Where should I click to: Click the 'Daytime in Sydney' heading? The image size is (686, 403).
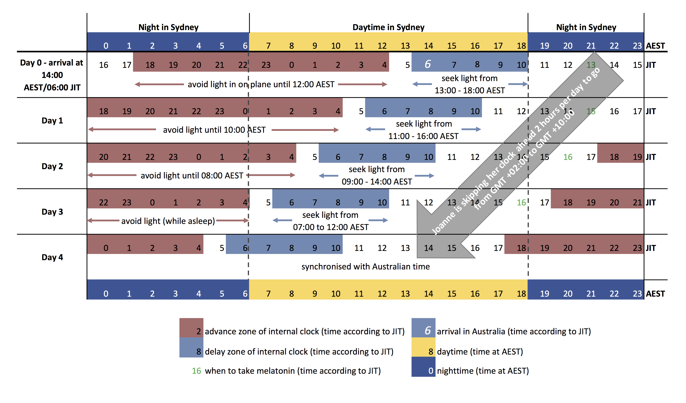(388, 27)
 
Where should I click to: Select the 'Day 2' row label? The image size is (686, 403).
(52, 166)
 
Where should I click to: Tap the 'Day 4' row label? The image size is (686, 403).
(52, 257)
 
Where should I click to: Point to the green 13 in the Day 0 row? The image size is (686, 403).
(591, 65)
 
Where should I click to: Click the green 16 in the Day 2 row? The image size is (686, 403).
(568, 157)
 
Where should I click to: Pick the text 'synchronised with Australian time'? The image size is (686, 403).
(365, 266)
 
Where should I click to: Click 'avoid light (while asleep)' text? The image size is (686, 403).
(168, 221)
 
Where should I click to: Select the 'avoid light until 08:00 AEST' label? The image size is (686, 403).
(192, 175)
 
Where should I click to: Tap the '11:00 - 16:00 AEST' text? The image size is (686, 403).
(423, 136)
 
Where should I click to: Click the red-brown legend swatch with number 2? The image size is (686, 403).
(191, 328)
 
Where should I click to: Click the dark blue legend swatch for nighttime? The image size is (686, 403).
(423, 367)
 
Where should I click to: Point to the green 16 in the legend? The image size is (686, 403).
(196, 371)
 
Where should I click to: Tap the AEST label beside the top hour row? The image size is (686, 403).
(655, 46)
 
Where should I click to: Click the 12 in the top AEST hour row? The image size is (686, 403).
(382, 46)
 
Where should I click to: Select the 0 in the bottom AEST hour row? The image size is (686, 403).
(106, 293)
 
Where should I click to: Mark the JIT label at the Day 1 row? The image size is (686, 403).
(651, 111)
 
